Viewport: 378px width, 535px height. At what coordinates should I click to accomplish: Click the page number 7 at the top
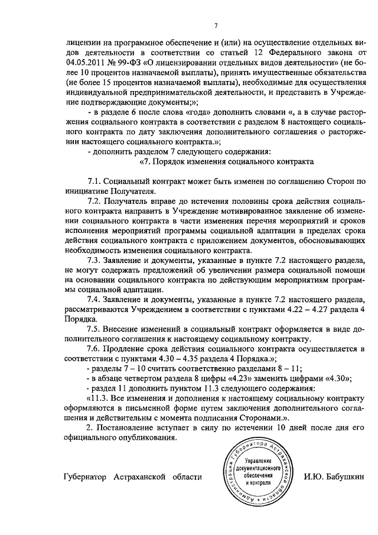(x=216, y=25)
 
